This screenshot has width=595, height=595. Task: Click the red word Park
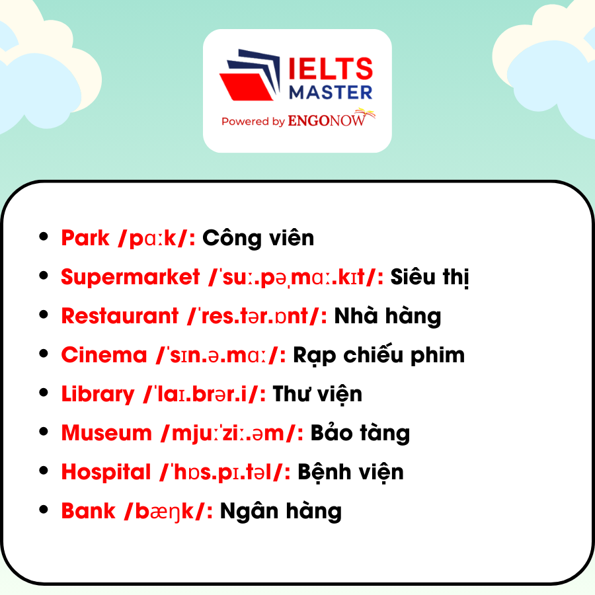coord(85,238)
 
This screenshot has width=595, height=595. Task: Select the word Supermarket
coord(130,277)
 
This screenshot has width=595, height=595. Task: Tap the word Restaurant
coord(120,316)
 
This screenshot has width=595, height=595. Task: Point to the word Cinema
coord(104,355)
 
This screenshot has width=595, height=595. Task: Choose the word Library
coord(98,395)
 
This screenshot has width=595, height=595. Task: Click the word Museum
coord(106,433)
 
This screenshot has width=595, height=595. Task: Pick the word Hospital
coord(106,473)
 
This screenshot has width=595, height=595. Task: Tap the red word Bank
coord(88,511)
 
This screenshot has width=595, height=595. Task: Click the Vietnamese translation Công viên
coord(258,237)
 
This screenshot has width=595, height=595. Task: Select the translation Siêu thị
coord(430,276)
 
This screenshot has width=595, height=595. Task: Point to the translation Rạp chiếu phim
coord(379,355)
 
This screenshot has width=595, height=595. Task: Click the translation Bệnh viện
coord(350,473)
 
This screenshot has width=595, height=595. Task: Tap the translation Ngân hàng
coord(281,511)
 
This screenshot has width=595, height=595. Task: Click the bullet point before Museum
coord(44,432)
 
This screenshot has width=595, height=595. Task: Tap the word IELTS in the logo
coord(331,69)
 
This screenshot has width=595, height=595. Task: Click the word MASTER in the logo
coord(331,93)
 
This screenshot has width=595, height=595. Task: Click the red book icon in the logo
coord(246,87)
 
